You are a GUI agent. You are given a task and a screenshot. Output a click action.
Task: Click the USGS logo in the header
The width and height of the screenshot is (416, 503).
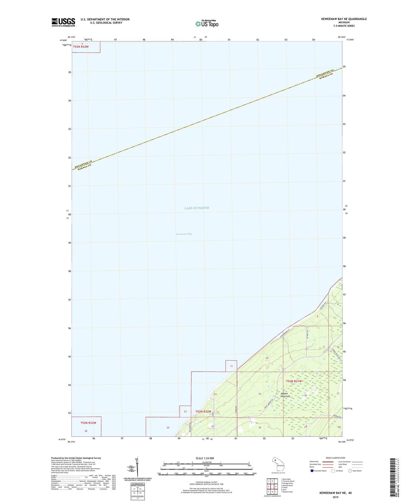(x=63, y=22)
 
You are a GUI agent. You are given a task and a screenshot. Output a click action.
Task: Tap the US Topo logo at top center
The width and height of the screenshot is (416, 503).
(x=207, y=24)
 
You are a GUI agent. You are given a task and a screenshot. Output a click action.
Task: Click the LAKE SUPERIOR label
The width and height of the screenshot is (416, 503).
(x=197, y=208)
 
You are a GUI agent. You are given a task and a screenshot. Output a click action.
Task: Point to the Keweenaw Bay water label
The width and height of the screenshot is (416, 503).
(x=184, y=234)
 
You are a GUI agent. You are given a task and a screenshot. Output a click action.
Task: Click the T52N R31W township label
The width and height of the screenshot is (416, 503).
(x=294, y=381)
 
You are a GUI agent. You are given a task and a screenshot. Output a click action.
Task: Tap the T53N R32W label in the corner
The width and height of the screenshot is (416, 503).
(x=81, y=47)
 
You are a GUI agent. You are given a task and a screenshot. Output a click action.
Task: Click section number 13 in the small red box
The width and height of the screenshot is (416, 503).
(x=231, y=366)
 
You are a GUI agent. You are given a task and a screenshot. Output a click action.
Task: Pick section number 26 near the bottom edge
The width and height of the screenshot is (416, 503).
(x=168, y=428)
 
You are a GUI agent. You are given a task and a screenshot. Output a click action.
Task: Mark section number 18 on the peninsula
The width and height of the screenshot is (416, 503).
(x=267, y=358)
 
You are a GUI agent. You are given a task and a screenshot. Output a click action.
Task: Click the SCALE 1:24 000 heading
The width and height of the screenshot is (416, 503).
(x=205, y=458)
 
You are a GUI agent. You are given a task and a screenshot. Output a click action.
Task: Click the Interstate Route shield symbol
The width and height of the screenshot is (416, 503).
(x=312, y=471)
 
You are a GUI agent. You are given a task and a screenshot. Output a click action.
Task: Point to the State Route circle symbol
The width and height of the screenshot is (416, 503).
(x=350, y=471)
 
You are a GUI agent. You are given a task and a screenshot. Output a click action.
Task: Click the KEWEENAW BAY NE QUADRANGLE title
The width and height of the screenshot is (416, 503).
(x=344, y=19)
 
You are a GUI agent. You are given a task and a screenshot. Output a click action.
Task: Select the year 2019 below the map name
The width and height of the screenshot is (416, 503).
(x=335, y=497)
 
